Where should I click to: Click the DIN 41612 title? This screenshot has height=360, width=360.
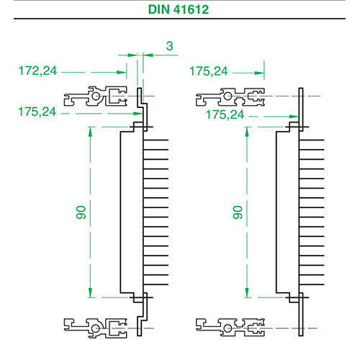(179, 9)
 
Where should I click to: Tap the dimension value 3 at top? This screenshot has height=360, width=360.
(169, 46)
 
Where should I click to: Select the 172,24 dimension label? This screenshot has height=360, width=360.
(37, 71)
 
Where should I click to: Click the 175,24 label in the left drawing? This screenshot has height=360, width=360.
(37, 112)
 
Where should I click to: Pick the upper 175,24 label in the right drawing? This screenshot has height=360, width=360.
(209, 71)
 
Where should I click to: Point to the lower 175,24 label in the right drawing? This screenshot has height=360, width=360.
(225, 114)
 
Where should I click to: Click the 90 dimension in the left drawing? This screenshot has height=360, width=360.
(81, 212)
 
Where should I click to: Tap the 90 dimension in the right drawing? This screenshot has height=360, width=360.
(238, 212)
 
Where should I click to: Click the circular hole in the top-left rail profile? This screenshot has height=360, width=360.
(96, 96)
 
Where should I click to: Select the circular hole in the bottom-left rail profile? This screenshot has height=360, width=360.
(96, 328)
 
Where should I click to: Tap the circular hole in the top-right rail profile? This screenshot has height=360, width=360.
(228, 96)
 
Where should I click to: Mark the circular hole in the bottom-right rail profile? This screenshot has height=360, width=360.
(228, 328)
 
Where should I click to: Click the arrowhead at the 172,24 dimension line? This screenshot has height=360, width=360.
(122, 72)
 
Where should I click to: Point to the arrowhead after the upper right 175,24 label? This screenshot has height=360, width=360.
(259, 73)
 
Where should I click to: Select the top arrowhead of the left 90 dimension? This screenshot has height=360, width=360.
(90, 132)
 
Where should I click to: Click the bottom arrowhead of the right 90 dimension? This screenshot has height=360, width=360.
(247, 292)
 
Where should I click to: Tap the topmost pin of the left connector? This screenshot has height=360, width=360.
(156, 140)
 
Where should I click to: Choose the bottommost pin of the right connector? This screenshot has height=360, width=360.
(312, 284)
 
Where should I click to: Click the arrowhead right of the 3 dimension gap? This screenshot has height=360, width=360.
(148, 55)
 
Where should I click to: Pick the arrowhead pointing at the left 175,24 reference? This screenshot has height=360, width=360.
(138, 114)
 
